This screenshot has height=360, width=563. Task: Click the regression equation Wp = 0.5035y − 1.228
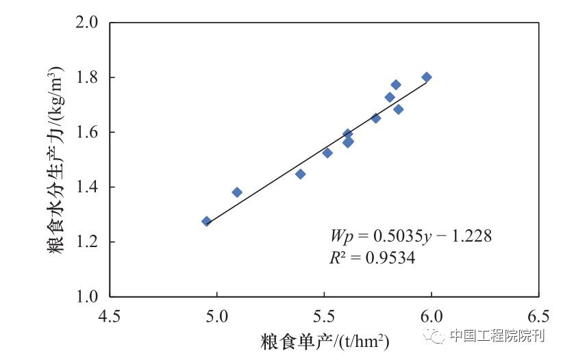coord(411,236)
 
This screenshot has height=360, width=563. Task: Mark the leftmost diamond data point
coord(206,221)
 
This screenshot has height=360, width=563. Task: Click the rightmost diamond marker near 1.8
coord(427,77)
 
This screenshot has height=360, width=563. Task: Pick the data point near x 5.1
coord(237,192)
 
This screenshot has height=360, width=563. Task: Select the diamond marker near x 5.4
coord(300,174)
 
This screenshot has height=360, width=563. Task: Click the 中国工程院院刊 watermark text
coord(497,335)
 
